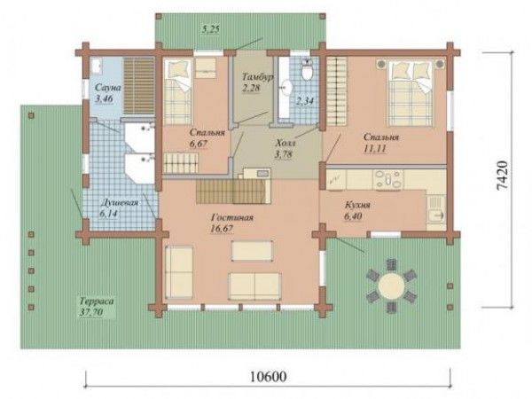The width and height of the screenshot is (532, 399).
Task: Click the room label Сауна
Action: (x=107, y=88)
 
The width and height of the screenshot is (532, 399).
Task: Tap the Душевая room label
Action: (x=120, y=203)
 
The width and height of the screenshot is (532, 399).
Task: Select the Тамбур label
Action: (x=257, y=77)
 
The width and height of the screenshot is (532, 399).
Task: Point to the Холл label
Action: (x=286, y=143)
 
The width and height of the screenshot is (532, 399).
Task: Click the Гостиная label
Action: (x=232, y=217)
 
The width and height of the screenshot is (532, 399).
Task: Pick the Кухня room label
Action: (x=357, y=206)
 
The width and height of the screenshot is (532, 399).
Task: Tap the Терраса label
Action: (x=98, y=301)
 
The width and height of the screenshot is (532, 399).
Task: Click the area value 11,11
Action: (x=374, y=149)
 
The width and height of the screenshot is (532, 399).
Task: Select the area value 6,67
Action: (x=199, y=144)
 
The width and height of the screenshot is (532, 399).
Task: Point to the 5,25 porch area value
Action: (x=211, y=29)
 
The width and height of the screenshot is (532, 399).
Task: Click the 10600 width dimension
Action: (x=268, y=376)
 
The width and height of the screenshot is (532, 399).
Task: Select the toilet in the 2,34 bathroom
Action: (x=308, y=70)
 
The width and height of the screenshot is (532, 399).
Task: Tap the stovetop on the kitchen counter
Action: (x=387, y=179)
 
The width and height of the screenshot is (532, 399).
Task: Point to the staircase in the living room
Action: (x=233, y=192)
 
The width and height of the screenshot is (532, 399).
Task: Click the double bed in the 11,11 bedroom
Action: (x=411, y=93)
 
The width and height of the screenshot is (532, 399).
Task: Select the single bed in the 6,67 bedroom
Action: (x=178, y=92)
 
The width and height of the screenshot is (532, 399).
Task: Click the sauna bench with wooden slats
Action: (x=139, y=86)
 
